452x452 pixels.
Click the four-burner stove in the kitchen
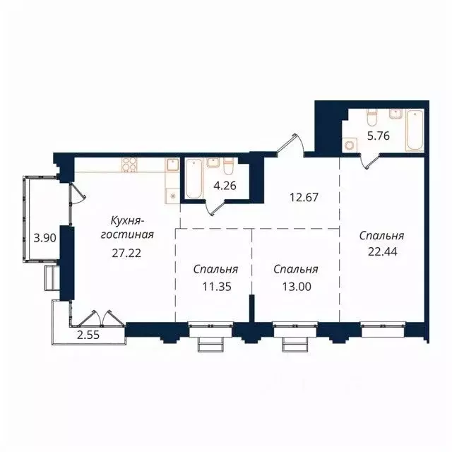tap(129, 165)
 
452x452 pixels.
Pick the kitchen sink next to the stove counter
tap(172, 167)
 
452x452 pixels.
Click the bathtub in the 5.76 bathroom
tap(415, 131)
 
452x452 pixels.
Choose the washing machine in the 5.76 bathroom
tap(350, 144)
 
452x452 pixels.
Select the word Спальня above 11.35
tap(215, 270)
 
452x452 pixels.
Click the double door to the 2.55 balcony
tap(95, 319)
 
